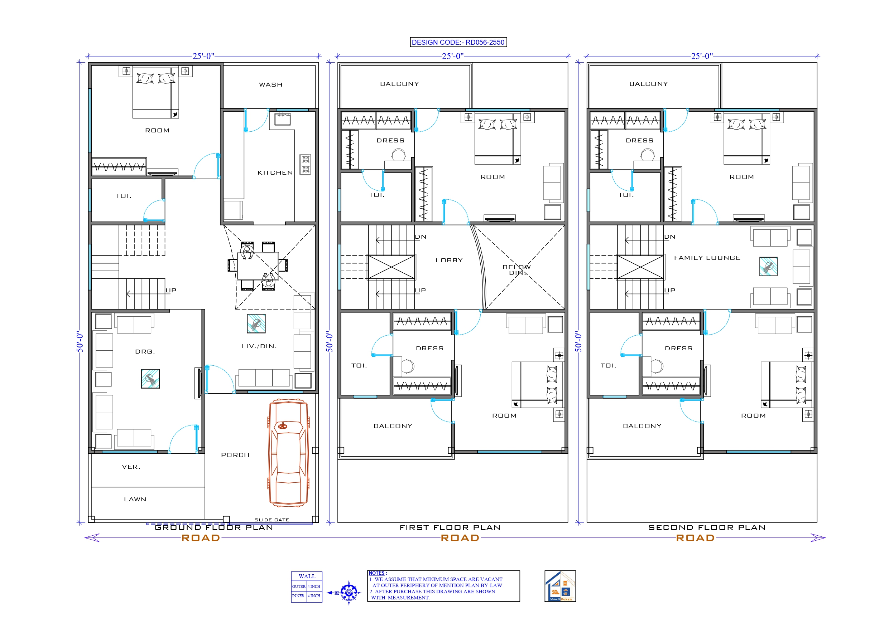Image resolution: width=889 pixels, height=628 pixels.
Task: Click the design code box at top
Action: pos(458,42)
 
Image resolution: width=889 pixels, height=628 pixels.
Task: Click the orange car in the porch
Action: pos(288,453)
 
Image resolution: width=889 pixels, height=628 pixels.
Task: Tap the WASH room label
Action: pos(271,84)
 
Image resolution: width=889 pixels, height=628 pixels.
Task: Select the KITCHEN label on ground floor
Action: pos(275,172)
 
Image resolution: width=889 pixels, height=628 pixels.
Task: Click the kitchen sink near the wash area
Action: pos(283,119)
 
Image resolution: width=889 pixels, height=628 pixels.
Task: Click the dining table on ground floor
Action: pos(258,266)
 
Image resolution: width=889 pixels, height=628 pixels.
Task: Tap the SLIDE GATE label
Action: pos(271,520)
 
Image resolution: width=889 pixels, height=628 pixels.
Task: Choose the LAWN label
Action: pos(135,499)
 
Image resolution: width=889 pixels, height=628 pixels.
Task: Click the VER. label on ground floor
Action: pos(131,467)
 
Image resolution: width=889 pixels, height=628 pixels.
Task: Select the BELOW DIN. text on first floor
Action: pos(516,270)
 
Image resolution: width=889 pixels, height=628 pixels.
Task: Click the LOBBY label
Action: pos(449,261)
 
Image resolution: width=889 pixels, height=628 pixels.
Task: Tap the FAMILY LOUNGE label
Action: pos(707,258)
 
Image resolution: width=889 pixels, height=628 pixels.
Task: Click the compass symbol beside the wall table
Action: pos(349,593)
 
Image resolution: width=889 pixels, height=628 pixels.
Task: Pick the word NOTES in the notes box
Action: pos(376,573)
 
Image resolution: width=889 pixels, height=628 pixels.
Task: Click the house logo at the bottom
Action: pos(560,586)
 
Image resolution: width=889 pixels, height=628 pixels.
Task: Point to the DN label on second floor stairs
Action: pos(669,237)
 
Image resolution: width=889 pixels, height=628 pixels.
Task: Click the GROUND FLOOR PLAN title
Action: pos(214,527)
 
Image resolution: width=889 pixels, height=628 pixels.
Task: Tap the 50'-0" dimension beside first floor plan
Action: pos(330,341)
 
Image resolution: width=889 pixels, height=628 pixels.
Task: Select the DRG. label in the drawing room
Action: pos(145,352)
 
